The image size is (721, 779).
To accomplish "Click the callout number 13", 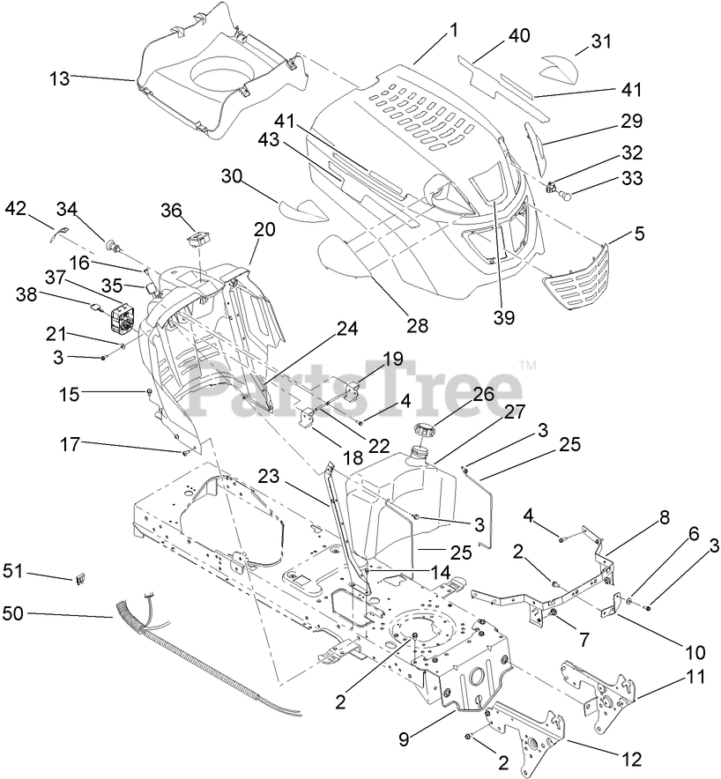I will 58,79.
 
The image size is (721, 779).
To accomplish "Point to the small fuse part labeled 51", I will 81,579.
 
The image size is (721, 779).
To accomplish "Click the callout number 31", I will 600,41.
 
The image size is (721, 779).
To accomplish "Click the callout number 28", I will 417,325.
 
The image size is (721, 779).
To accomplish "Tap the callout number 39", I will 505,316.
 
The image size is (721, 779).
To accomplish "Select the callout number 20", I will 264,230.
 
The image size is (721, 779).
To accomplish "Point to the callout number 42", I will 16,208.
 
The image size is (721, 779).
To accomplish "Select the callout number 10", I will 695,653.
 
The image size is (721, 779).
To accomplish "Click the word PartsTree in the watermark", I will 353,385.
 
